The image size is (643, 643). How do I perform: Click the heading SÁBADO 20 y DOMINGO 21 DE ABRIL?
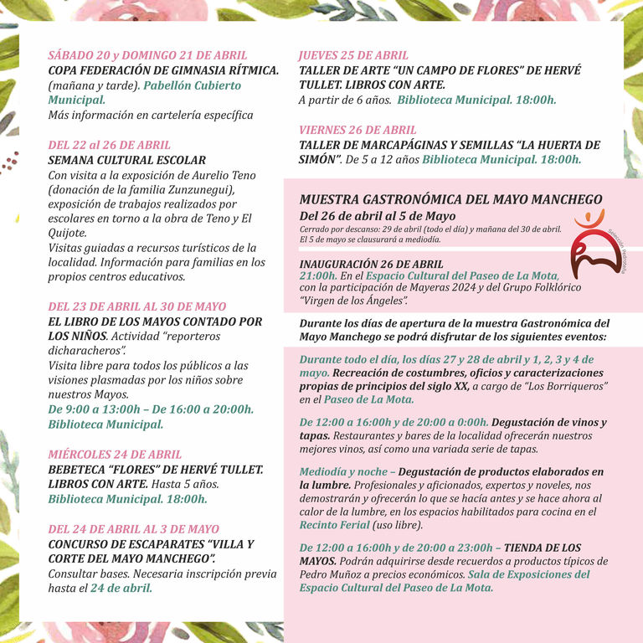coord(147,55)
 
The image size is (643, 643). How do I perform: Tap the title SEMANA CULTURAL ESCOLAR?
coord(126,160)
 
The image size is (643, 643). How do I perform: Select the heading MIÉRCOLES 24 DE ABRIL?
coord(115,454)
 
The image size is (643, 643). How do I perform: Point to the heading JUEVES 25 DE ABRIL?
coord(353,55)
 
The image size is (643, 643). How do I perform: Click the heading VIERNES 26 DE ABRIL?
coord(358,130)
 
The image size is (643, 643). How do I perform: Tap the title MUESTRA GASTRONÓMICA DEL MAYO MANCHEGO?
coord(450,199)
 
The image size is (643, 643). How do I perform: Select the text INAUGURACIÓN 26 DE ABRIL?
coord(371,263)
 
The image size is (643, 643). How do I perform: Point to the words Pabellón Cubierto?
coord(192,85)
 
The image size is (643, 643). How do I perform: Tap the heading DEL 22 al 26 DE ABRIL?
coord(110,145)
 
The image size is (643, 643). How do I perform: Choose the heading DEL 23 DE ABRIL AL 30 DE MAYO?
coord(137,306)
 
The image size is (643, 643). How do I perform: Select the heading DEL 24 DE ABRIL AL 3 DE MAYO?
coord(134,529)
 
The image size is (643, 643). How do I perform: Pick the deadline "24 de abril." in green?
coord(121,588)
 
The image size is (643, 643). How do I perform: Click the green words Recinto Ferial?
coord(334,525)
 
